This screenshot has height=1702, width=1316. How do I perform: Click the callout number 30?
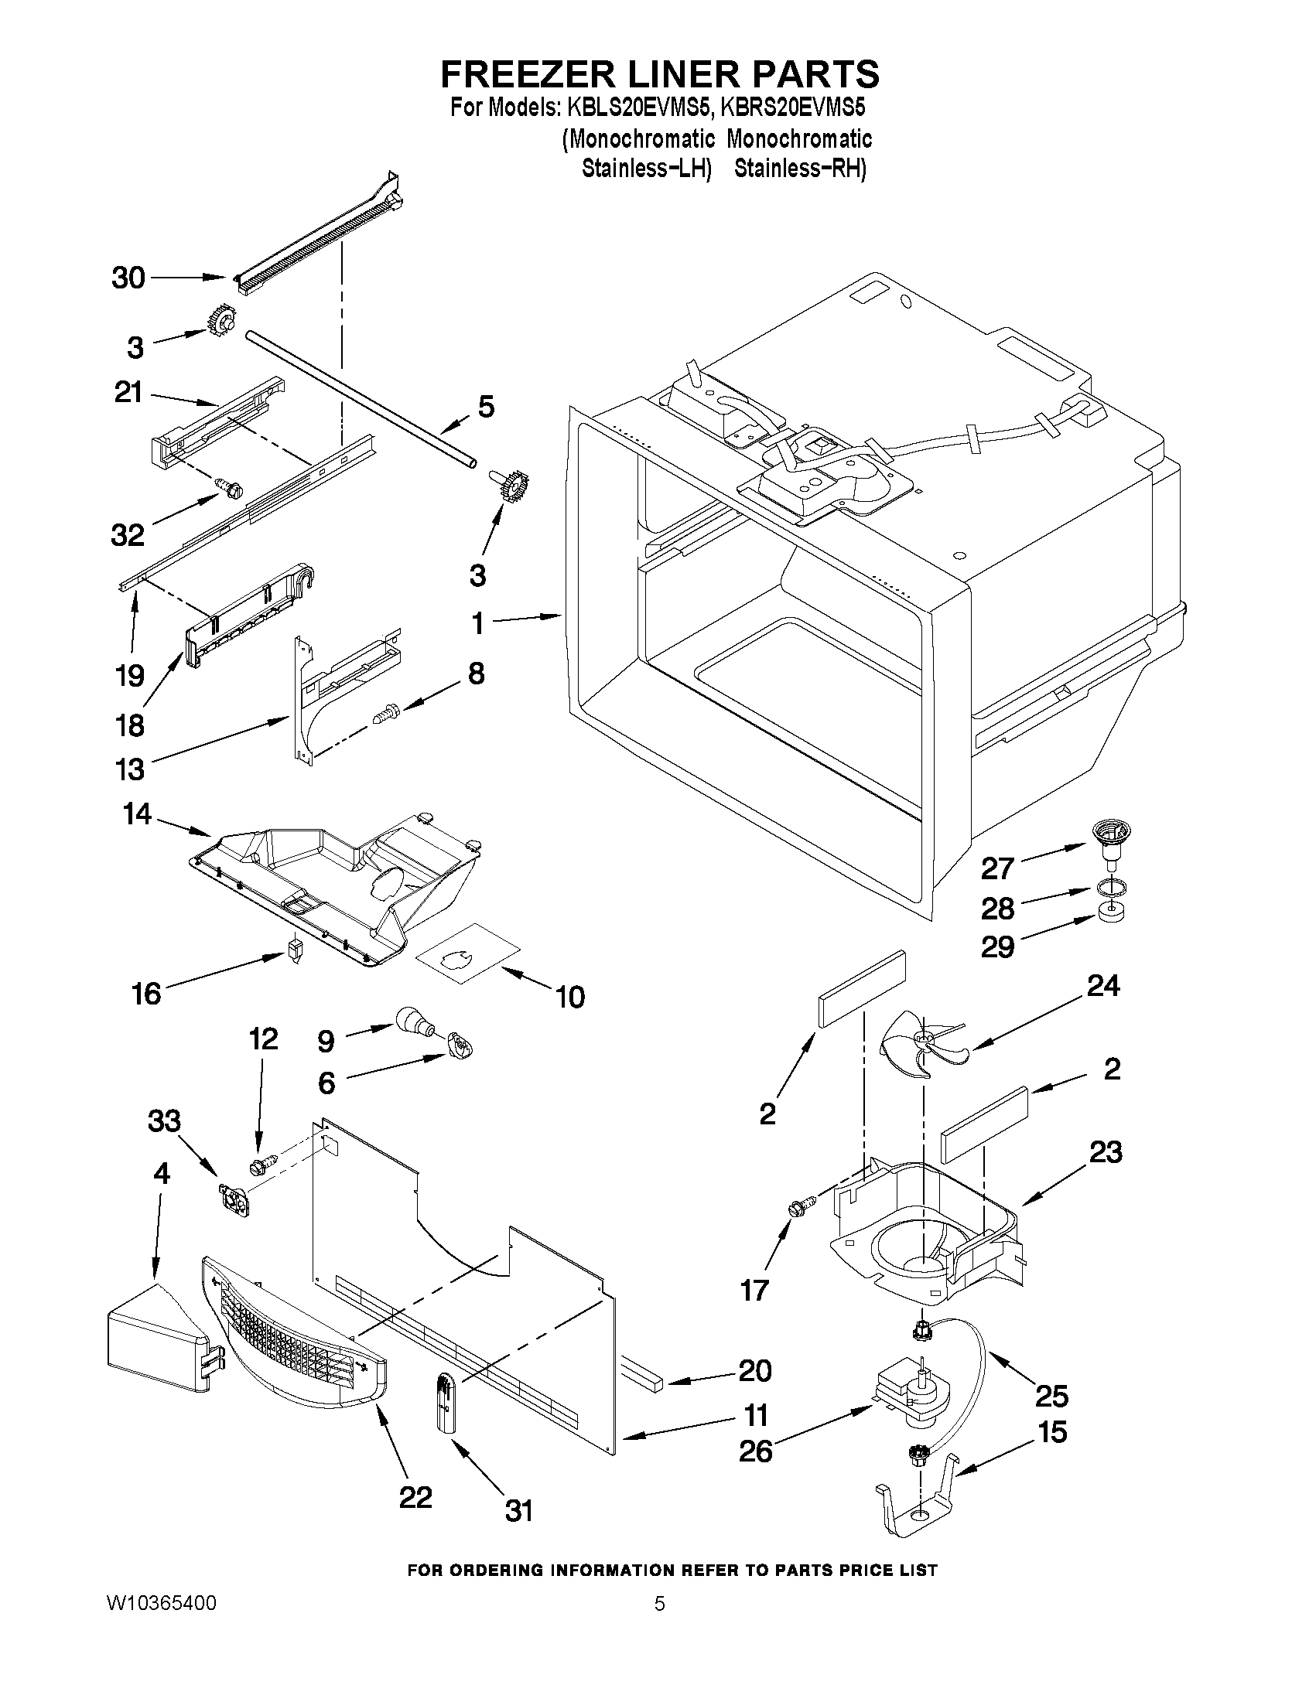click(128, 278)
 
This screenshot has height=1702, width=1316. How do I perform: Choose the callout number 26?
click(754, 1450)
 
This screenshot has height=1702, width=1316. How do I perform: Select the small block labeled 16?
click(293, 950)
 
